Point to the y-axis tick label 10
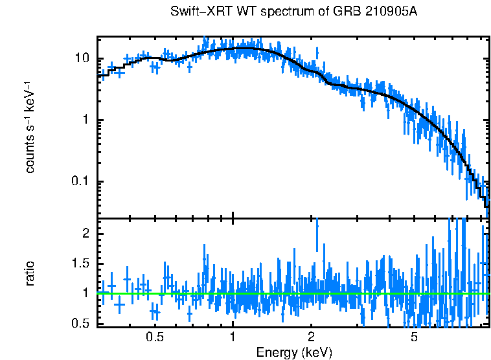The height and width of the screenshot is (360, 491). (x=81, y=59)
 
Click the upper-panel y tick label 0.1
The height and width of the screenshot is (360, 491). (x=79, y=182)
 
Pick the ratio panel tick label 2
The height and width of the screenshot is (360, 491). (x=86, y=233)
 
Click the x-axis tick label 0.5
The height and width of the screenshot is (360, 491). (x=155, y=337)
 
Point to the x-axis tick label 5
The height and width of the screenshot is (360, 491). (x=414, y=337)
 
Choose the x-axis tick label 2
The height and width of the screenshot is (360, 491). (x=311, y=337)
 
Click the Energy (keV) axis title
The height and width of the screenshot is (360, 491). (x=294, y=352)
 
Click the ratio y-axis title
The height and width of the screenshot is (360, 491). (x=30, y=273)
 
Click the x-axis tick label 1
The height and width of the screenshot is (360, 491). (x=233, y=337)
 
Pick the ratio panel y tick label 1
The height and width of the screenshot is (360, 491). (x=86, y=293)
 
